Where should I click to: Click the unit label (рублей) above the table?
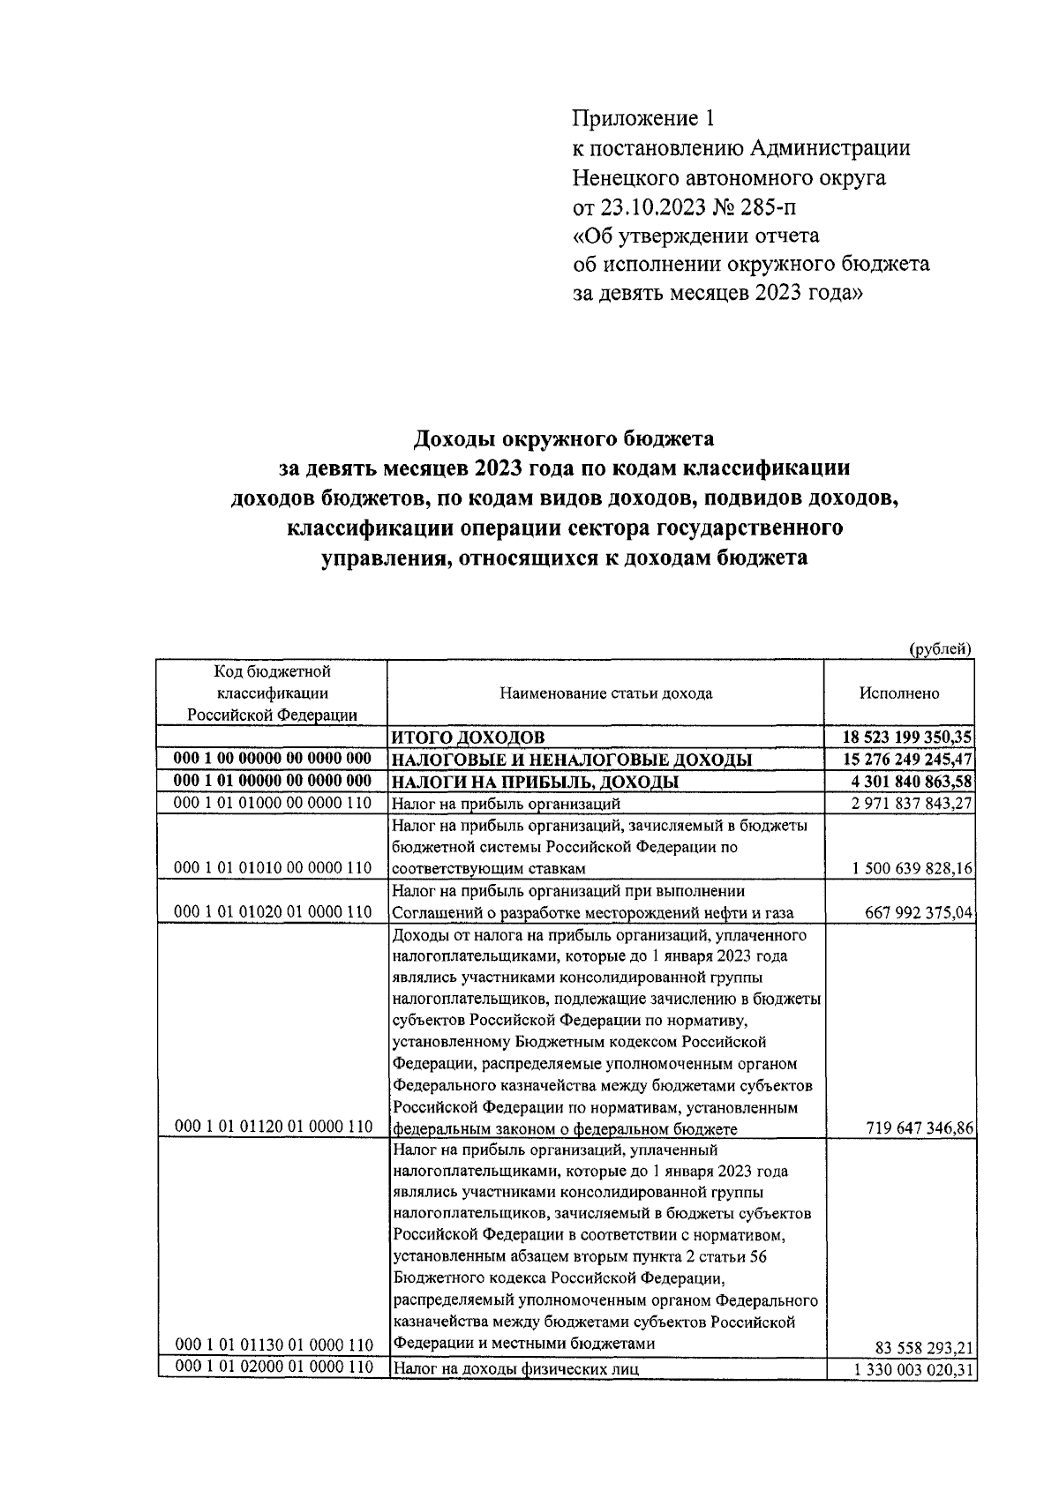pyautogui.click(x=941, y=649)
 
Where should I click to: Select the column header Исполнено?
pyautogui.click(x=899, y=693)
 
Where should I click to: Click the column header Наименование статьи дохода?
pyautogui.click(x=605, y=693)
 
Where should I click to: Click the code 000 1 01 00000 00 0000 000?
pyautogui.click(x=273, y=782)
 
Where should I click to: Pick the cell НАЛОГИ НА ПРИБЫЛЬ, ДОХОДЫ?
pyautogui.click(x=535, y=782)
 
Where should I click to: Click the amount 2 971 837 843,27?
pyautogui.click(x=913, y=804)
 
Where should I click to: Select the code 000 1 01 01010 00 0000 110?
pyautogui.click(x=273, y=869)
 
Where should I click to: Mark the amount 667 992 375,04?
pyautogui.click(x=919, y=913)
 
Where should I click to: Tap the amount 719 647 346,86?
pyautogui.click(x=919, y=1128)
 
